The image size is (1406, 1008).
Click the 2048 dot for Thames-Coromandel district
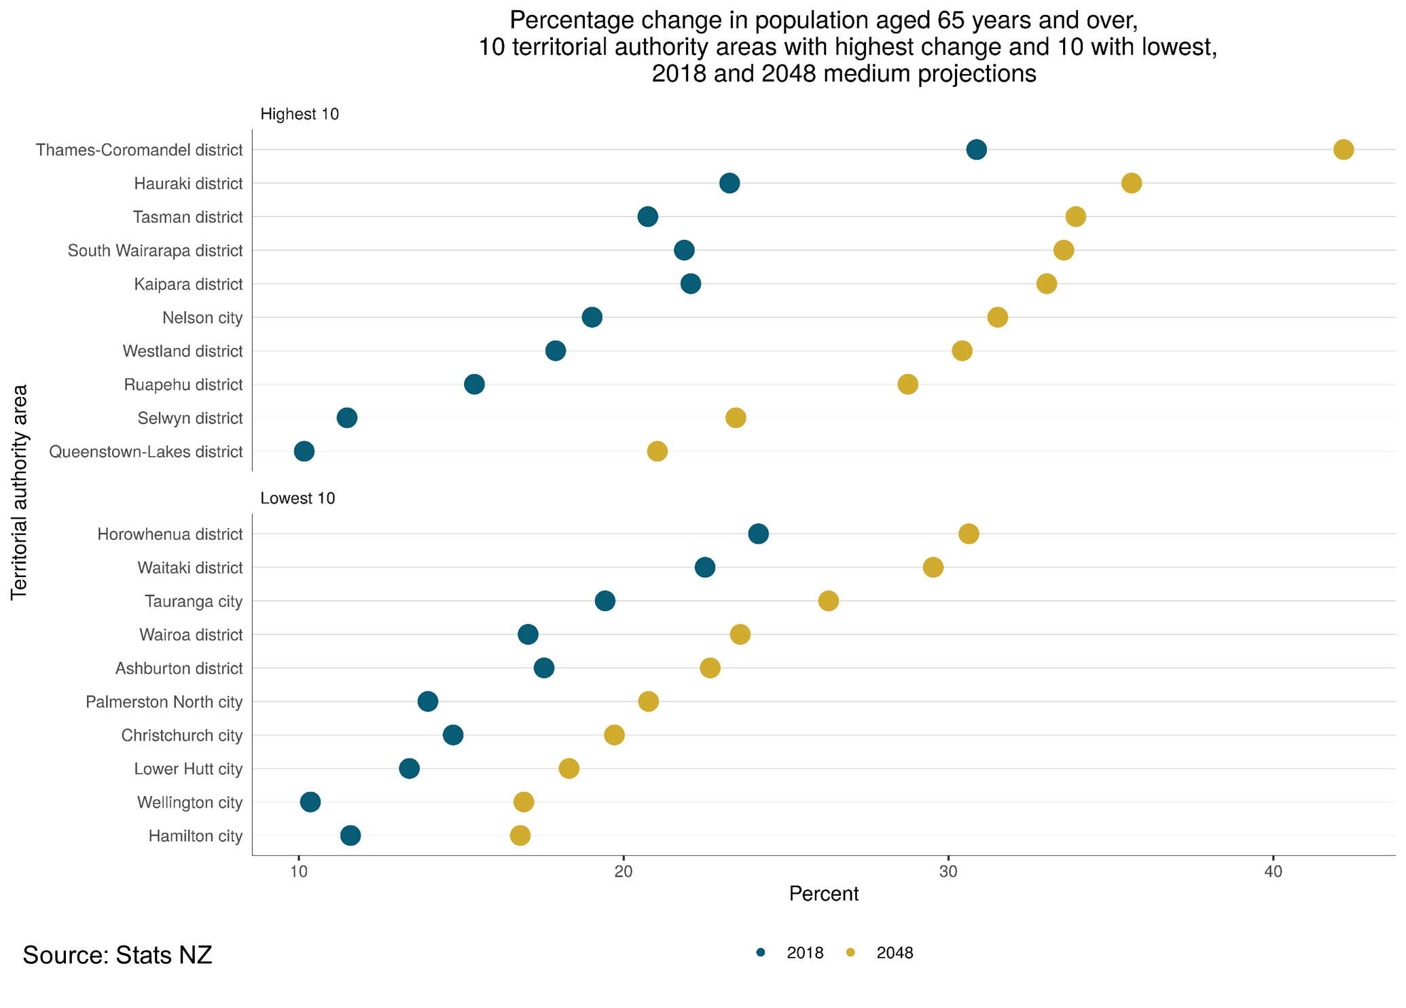click(x=1343, y=150)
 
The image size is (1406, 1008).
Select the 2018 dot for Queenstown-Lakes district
click(x=304, y=451)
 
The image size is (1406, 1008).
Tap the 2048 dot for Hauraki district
click(x=1131, y=184)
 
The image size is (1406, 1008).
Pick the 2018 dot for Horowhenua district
click(x=758, y=534)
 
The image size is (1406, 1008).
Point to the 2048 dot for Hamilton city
click(x=520, y=835)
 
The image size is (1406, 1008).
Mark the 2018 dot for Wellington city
click(x=310, y=802)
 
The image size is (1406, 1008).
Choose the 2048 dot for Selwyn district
click(x=735, y=418)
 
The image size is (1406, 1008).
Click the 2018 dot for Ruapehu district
click(x=474, y=385)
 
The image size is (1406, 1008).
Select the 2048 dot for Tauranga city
click(x=828, y=601)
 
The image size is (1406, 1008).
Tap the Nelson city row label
click(x=202, y=318)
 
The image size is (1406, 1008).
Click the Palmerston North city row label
click(x=164, y=702)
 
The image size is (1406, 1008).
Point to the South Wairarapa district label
click(x=155, y=251)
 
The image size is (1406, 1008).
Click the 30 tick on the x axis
click(x=948, y=872)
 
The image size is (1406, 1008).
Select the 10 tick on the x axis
click(x=298, y=872)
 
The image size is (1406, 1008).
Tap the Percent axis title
click(x=823, y=894)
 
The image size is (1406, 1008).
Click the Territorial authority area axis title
click(x=20, y=492)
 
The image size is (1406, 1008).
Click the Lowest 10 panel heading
click(x=298, y=498)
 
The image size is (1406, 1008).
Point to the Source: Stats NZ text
click(x=118, y=955)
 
